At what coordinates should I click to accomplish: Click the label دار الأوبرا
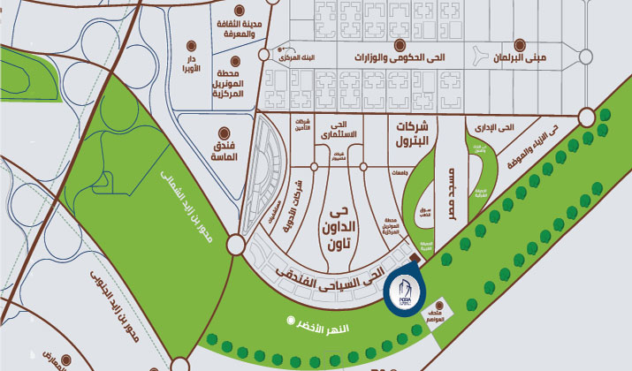coord(191,64)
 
